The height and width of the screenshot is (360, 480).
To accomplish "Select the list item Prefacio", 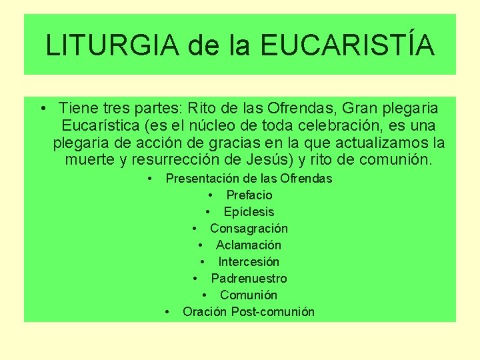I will pyautogui.click(x=249, y=195).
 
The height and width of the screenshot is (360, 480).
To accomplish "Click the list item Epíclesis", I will pyautogui.click(x=249, y=212).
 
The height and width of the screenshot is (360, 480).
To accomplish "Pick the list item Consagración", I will pyautogui.click(x=249, y=229).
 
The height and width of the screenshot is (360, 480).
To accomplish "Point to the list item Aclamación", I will pyautogui.click(x=249, y=245).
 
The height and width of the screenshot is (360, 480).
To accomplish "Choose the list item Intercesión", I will pyautogui.click(x=249, y=262).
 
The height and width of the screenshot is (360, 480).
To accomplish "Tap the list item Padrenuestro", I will pyautogui.click(x=249, y=279).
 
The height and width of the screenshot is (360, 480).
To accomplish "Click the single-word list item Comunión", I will pyautogui.click(x=249, y=295).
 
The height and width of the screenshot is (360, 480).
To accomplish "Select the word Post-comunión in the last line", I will pyautogui.click(x=273, y=312).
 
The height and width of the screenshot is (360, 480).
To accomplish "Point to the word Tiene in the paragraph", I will pyautogui.click(x=76, y=107).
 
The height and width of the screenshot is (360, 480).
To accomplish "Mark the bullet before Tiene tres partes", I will pyautogui.click(x=42, y=108).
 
